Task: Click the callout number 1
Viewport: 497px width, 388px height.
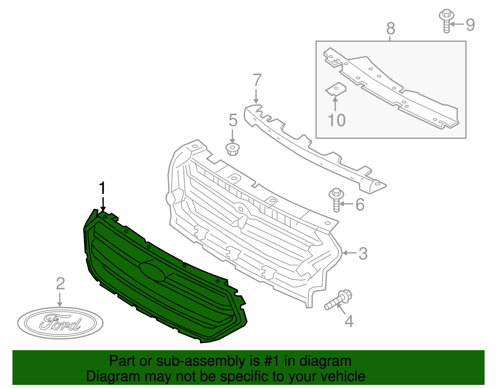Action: tap(102, 188)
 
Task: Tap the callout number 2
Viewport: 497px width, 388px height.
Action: tap(60, 284)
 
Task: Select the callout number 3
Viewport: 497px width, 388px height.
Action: tap(363, 253)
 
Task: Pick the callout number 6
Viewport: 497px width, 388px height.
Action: tap(360, 204)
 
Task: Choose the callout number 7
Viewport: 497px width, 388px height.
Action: tap(257, 80)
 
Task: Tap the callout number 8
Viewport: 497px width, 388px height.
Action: tap(391, 29)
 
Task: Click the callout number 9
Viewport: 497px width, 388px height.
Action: tap(470, 25)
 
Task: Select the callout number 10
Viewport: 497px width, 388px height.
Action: tap(337, 120)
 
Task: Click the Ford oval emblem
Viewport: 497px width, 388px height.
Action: tap(60, 323)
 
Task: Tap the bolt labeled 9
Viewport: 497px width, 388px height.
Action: tap(446, 20)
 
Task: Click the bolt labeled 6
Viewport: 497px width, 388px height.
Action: tap(336, 199)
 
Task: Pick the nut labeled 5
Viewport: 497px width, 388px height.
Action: tap(233, 149)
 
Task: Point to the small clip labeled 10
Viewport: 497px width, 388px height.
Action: tap(335, 89)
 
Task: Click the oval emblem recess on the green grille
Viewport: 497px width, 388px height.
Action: tap(152, 272)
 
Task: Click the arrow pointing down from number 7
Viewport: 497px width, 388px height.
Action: tap(256, 96)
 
